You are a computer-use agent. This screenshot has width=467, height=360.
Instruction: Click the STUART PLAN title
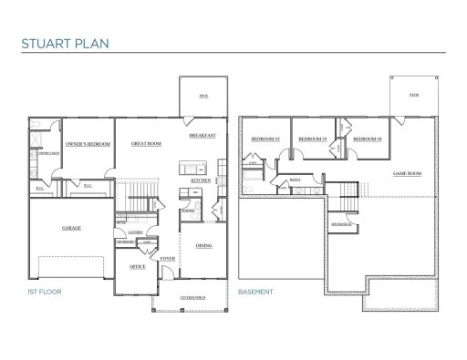[61, 41]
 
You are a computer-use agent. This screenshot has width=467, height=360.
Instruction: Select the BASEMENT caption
[254, 293]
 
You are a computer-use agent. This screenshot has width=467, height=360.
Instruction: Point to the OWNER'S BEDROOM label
[88, 144]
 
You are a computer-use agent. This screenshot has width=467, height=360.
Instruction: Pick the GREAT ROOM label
[146, 143]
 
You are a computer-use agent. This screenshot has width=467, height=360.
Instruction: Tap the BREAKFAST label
[202, 135]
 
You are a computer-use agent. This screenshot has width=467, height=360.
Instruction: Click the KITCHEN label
[201, 180]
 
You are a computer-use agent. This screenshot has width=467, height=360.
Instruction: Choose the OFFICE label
[137, 266]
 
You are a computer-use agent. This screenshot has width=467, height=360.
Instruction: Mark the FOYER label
[167, 258]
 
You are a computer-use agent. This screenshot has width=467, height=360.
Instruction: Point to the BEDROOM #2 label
[264, 138]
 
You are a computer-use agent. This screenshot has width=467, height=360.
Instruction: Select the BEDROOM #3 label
[313, 138]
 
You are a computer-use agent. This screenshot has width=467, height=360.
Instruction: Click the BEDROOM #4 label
[366, 138]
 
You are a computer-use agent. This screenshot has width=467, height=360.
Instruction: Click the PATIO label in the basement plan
[414, 94]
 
